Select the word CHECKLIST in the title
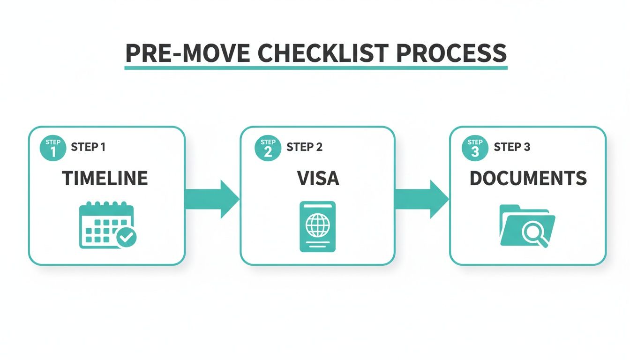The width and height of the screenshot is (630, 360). (323, 53)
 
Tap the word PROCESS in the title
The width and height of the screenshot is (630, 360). (451, 53)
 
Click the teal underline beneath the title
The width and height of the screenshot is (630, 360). (315, 68)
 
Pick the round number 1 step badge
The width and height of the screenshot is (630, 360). (53, 148)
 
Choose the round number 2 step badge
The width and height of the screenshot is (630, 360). (268, 148)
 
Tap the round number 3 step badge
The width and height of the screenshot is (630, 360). (475, 148)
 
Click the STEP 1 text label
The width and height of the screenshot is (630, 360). (88, 147)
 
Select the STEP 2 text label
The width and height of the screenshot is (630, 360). (304, 147)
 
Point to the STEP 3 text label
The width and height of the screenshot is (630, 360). (512, 147)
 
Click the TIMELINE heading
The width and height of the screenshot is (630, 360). (105, 179)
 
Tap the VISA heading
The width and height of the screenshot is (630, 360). (318, 179)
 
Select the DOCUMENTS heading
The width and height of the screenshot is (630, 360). (528, 179)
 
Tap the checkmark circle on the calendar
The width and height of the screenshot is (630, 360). (126, 238)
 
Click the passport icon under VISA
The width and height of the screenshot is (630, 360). (317, 227)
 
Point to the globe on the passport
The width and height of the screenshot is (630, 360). (317, 225)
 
